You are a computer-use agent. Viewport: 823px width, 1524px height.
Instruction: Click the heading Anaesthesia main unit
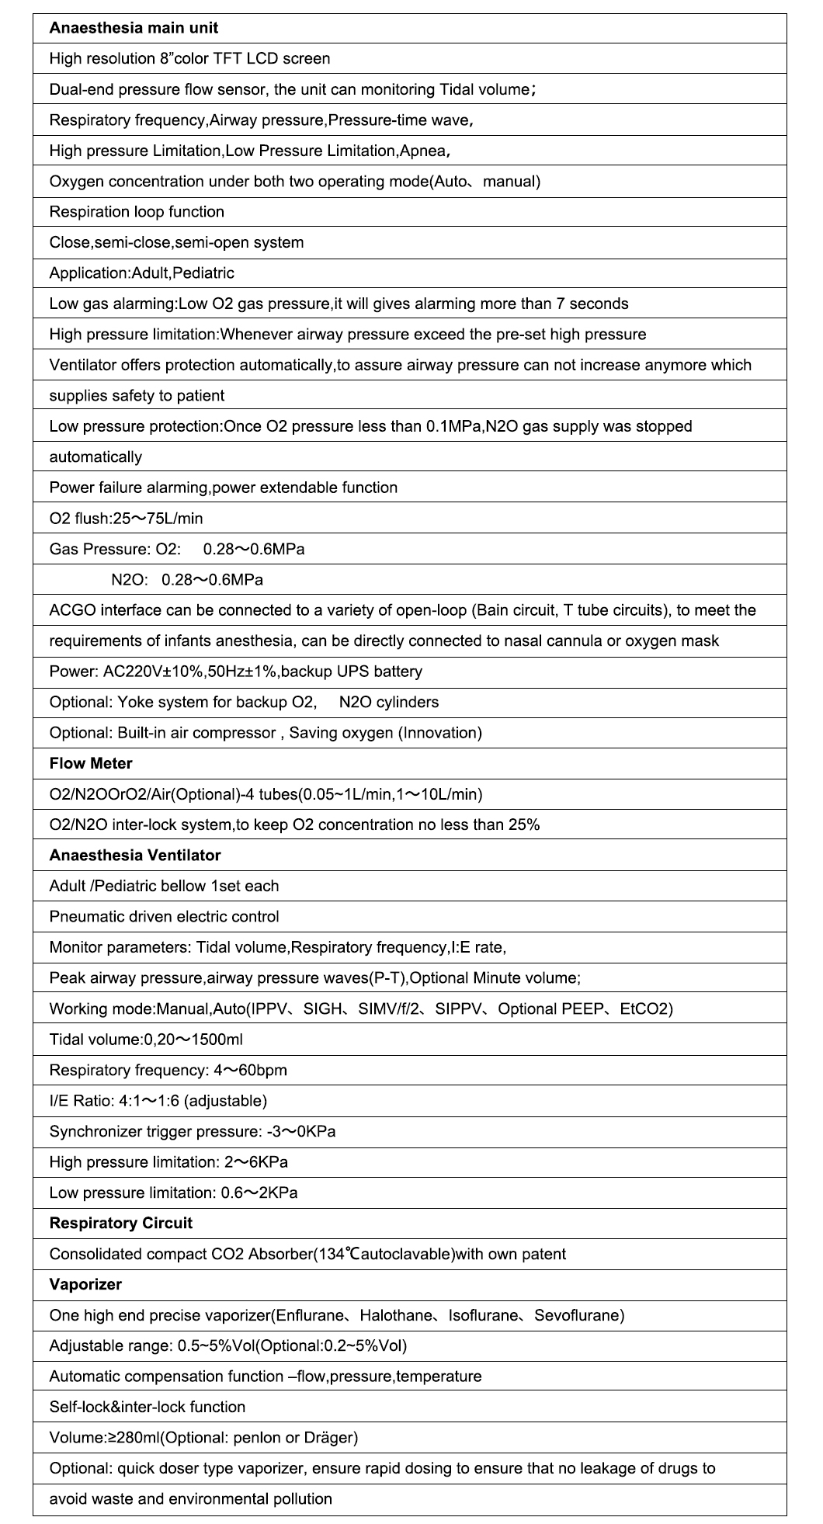tap(134, 28)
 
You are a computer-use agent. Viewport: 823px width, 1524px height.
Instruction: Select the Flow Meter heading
tap(91, 763)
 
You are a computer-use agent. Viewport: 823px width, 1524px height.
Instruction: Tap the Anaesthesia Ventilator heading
tap(135, 855)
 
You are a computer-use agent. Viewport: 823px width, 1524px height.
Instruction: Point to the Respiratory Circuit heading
tap(120, 1223)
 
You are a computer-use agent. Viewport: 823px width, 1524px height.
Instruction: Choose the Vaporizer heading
tap(85, 1284)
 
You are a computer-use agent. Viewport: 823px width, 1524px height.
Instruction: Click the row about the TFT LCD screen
tap(189, 58)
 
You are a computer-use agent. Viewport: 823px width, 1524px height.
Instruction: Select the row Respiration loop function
tap(137, 212)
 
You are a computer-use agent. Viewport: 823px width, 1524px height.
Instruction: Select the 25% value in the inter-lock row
tap(524, 824)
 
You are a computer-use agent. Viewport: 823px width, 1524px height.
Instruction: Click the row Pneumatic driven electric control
tap(164, 916)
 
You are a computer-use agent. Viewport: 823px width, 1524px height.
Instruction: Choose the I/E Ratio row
tap(158, 1101)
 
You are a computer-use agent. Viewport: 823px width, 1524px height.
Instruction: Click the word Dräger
tap(330, 1438)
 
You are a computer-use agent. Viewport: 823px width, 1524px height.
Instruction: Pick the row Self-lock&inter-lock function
tap(147, 1407)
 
